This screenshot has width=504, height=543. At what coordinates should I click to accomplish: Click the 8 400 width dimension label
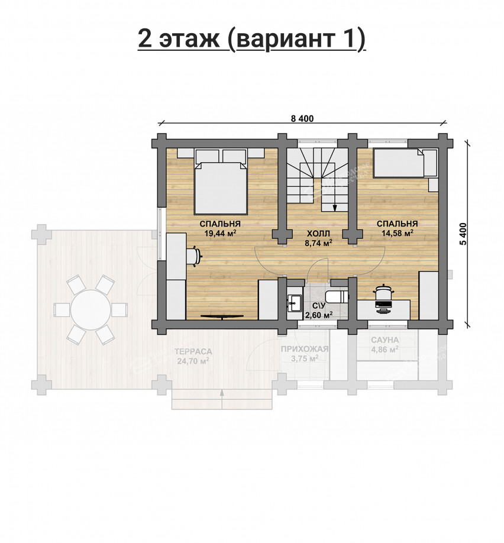(x=302, y=118)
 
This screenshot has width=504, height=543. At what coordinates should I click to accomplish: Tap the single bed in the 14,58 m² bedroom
(x=400, y=164)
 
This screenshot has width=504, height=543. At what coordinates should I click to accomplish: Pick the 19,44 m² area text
(x=220, y=234)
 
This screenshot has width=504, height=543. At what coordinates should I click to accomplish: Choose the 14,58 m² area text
(x=397, y=234)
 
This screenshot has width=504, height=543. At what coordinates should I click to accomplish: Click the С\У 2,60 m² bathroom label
(x=318, y=311)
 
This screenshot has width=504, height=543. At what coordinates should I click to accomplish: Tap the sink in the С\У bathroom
(x=293, y=303)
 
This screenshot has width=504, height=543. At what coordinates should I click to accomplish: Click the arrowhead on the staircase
(x=335, y=208)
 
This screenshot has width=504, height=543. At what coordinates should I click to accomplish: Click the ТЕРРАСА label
(x=193, y=351)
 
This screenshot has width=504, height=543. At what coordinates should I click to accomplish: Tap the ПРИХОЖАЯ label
(x=305, y=349)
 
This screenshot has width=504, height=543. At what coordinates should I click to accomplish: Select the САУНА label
(x=385, y=341)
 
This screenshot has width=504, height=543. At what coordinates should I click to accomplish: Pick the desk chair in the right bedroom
(x=383, y=294)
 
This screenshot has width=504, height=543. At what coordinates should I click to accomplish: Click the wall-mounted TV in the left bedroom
(x=222, y=317)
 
